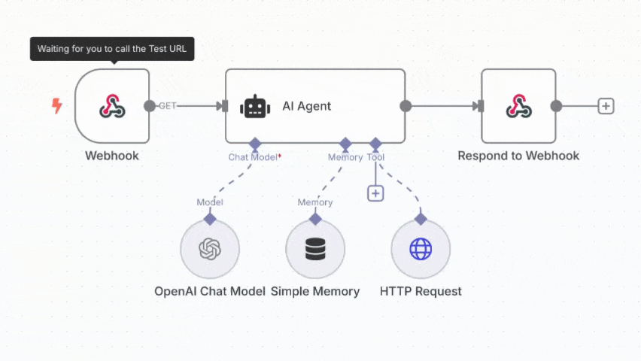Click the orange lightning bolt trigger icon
coord(56,106)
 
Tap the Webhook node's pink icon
coord(112,106)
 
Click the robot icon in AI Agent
coord(255,106)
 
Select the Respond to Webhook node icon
coord(518,106)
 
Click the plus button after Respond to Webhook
coord(606,106)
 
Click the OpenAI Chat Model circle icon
coord(210,249)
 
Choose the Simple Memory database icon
coord(315,249)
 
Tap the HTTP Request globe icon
coord(421,249)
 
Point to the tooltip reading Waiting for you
coord(112,50)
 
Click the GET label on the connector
coord(167,106)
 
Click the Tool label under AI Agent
coord(375,157)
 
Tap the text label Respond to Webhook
coord(518,156)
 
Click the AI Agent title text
coord(306,106)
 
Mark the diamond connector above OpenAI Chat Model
coord(210,218)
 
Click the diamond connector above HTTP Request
coord(421,218)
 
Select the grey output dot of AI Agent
coord(406,106)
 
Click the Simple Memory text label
coord(315,291)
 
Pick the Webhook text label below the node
coord(112,156)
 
